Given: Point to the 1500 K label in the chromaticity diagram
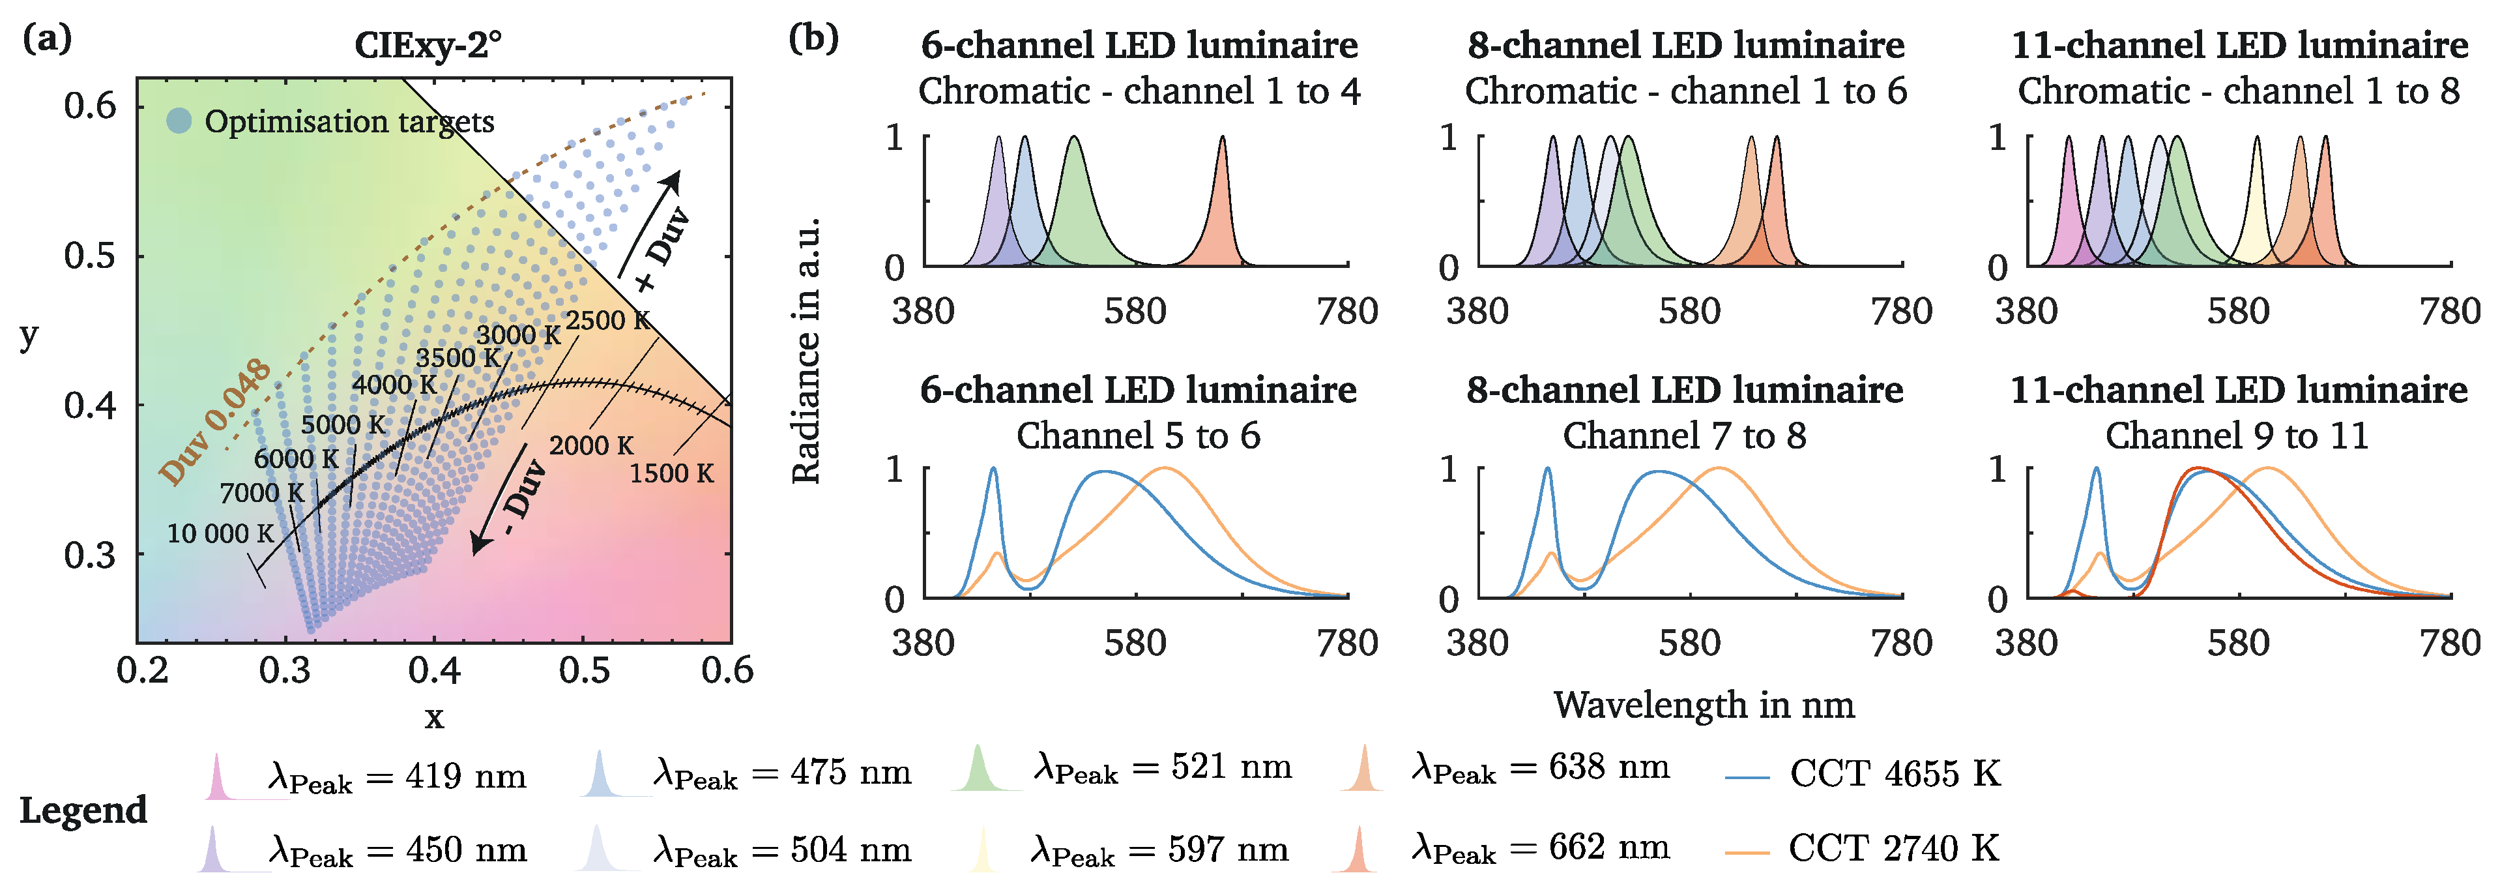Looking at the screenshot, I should (671, 473).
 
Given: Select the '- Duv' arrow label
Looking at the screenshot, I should (523, 498).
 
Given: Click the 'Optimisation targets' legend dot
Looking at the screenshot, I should (179, 121).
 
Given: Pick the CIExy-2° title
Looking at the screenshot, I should (428, 44).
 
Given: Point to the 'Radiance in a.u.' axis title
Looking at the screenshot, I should (806, 349).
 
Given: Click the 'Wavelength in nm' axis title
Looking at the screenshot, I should (1703, 705).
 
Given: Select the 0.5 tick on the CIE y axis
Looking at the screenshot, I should (90, 256).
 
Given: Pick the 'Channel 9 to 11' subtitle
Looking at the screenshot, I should (2237, 436).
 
